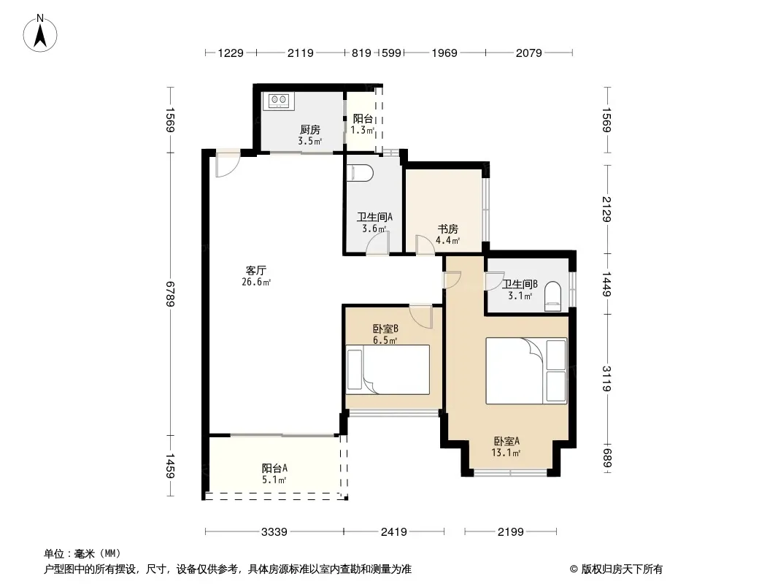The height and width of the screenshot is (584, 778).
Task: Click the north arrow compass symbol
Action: pos(40,34)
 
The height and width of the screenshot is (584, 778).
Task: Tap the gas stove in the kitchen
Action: pos(278,101)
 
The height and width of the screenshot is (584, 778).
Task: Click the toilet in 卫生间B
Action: pos(552,296)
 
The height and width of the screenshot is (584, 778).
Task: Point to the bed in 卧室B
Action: pos(388,369)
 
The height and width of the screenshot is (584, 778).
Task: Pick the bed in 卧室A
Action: pos(526,371)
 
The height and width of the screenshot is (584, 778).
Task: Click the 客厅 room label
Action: pos(256,270)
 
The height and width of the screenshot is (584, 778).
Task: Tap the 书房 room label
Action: pos(447,229)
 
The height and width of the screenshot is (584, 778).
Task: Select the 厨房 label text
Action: pos(310,130)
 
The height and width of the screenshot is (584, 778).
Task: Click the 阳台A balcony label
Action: pos(274,469)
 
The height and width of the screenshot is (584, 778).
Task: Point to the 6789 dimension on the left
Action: pos(170,293)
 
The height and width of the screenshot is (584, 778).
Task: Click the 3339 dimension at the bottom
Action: pos(274,532)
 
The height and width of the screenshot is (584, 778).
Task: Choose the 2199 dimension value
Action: pos(511,532)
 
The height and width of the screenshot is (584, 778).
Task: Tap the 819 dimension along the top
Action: pos(361,53)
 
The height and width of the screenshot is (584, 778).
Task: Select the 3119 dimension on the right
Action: pos(606,378)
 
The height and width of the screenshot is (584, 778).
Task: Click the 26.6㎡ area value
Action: pos(256,283)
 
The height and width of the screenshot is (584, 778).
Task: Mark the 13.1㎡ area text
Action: pos(506,453)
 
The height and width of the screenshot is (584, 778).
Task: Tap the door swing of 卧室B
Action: pos(421,317)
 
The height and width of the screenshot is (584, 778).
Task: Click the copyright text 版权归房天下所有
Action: pos(622,569)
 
